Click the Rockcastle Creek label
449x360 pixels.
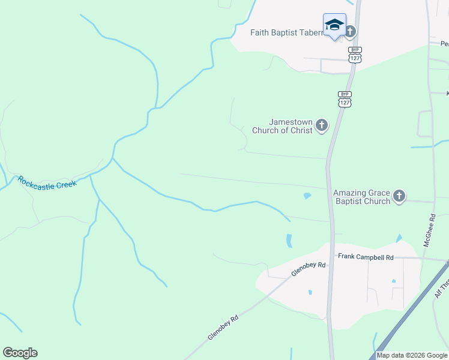pos(48,183)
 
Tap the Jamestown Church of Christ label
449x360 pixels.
pos(282,126)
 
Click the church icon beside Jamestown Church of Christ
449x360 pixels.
pos(322,125)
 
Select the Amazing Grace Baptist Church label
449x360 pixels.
pos(362,197)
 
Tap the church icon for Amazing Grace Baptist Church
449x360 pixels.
pos(399,196)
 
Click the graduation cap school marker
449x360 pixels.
pos(334,25)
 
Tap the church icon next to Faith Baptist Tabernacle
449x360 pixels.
pos(350,31)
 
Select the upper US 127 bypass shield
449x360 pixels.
pos(355,55)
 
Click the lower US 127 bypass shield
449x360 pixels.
pos(345,99)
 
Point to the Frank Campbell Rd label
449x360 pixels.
pos(366,257)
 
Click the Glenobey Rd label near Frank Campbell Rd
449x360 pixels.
pos(309,269)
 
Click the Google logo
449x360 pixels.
pos(20,353)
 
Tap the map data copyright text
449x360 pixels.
pos(412,355)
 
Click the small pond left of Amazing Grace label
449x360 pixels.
pos(308,196)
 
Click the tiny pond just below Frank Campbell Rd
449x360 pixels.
pos(394,281)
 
